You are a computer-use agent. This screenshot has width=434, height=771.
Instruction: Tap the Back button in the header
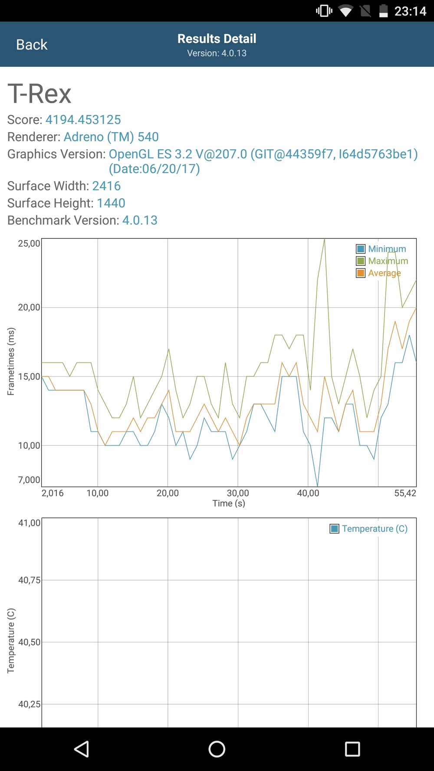32,45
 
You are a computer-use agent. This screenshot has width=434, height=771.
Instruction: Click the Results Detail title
217,39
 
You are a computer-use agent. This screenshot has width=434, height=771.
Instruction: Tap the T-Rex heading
39,94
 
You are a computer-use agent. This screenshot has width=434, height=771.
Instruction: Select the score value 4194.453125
83,120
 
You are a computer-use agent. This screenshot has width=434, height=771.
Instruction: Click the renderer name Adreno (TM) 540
111,137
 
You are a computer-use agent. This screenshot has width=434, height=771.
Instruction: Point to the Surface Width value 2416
106,186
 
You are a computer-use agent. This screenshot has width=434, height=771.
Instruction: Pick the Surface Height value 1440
111,203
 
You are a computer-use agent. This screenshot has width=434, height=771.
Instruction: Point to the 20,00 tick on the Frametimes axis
29,307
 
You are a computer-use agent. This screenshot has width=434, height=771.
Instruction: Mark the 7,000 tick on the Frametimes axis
29,480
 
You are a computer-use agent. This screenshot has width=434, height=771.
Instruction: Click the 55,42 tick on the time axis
405,493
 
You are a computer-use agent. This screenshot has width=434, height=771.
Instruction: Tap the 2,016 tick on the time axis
53,493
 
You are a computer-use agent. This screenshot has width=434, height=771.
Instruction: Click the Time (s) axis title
229,503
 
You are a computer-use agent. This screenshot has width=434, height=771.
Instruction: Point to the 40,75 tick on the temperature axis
29,580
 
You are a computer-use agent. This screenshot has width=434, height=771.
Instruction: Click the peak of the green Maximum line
324,240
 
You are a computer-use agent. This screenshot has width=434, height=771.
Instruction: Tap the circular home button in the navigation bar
217,749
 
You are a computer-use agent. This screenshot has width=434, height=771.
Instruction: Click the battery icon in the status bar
383,11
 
